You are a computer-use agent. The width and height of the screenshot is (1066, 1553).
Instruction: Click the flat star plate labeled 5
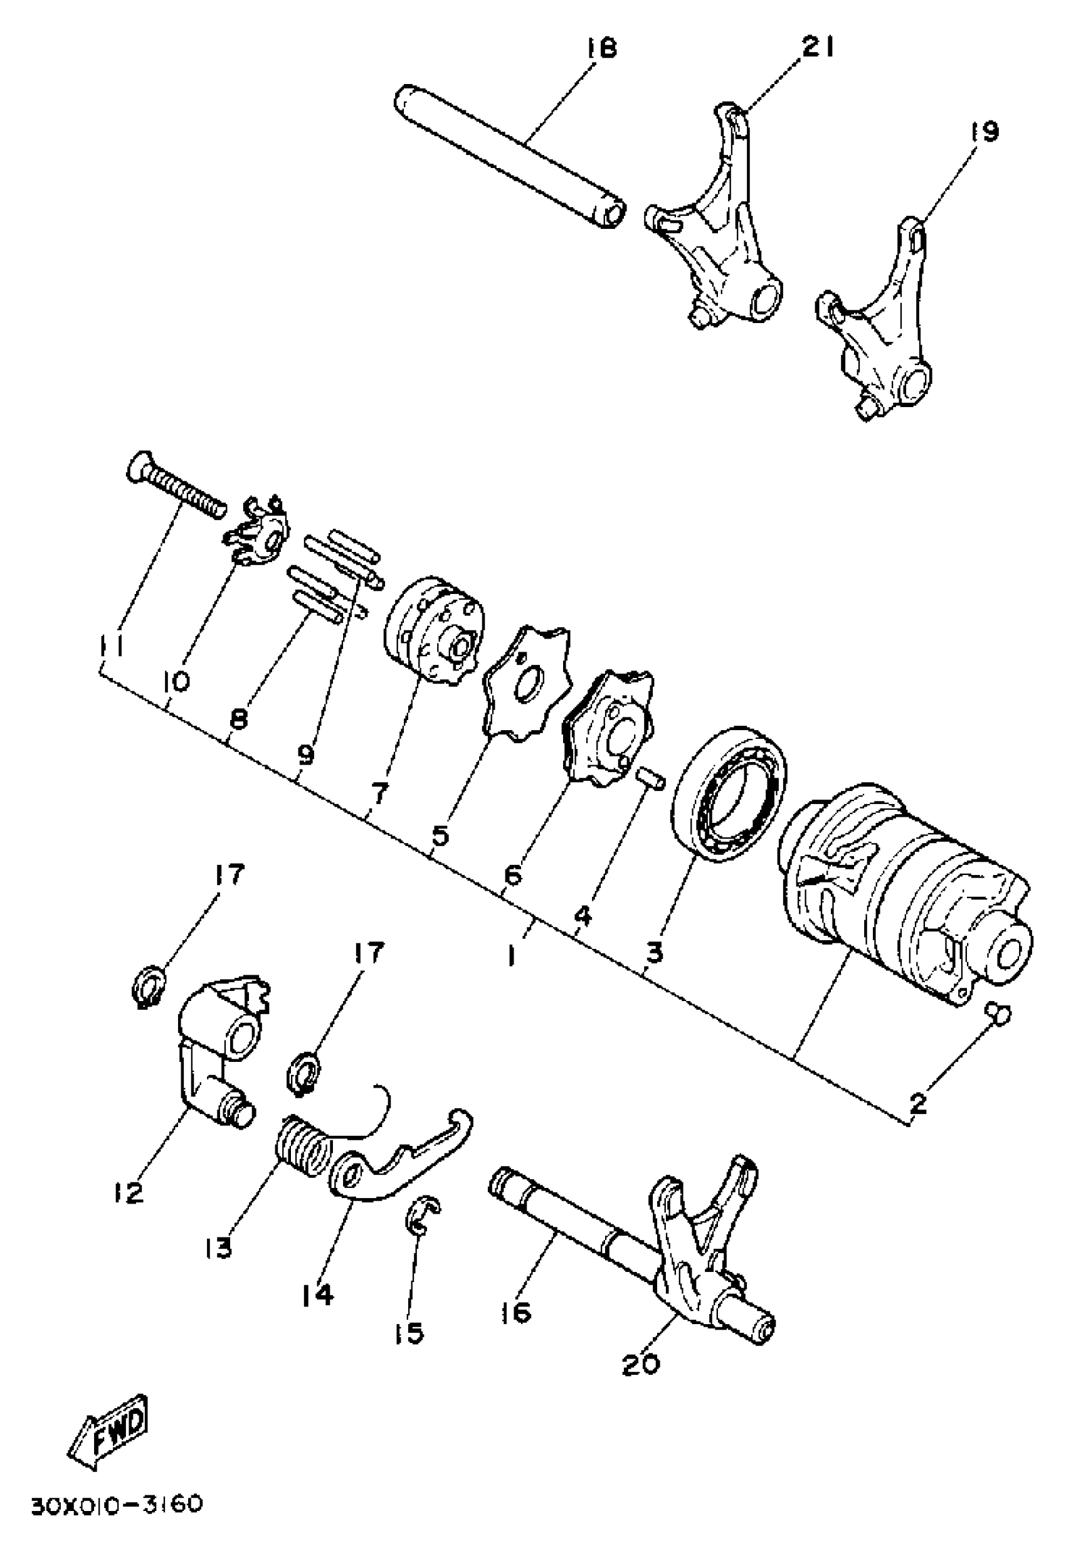coord(527,682)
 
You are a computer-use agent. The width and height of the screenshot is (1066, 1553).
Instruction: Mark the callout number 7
coord(379,794)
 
